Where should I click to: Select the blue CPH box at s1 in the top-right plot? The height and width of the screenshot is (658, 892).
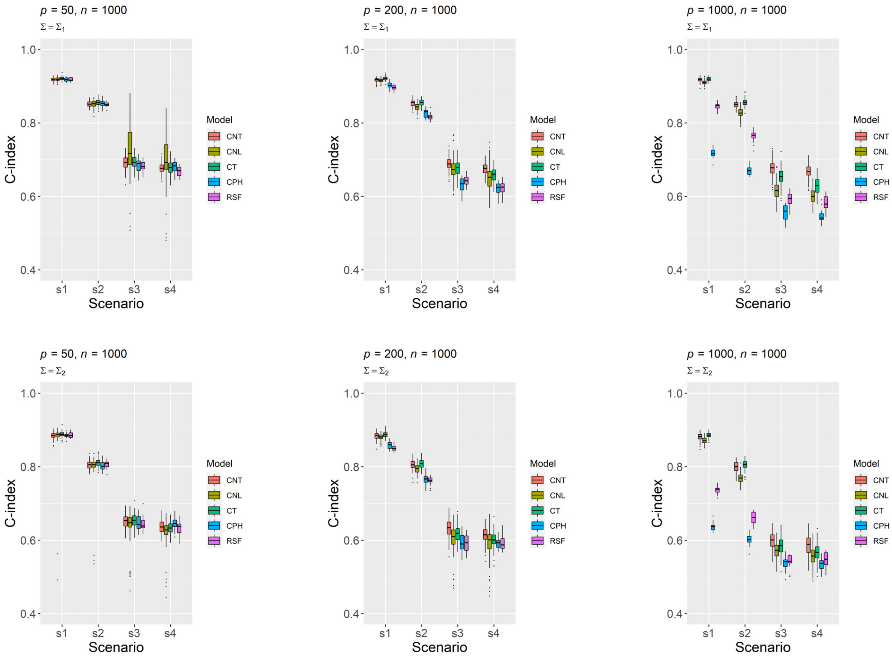[713, 153]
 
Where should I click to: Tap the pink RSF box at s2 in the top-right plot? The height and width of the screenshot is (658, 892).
[753, 135]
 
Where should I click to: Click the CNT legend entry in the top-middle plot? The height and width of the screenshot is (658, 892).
[557, 137]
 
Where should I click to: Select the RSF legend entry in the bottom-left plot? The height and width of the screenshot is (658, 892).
[234, 541]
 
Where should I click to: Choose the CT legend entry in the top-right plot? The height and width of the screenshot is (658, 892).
[878, 167]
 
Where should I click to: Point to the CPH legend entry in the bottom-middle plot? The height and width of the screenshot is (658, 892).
[557, 526]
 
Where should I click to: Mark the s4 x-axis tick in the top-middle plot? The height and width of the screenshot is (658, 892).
[493, 290]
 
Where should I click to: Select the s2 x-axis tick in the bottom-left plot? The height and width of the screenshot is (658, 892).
[98, 633]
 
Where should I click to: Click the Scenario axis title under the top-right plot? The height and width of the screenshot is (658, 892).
[763, 304]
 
